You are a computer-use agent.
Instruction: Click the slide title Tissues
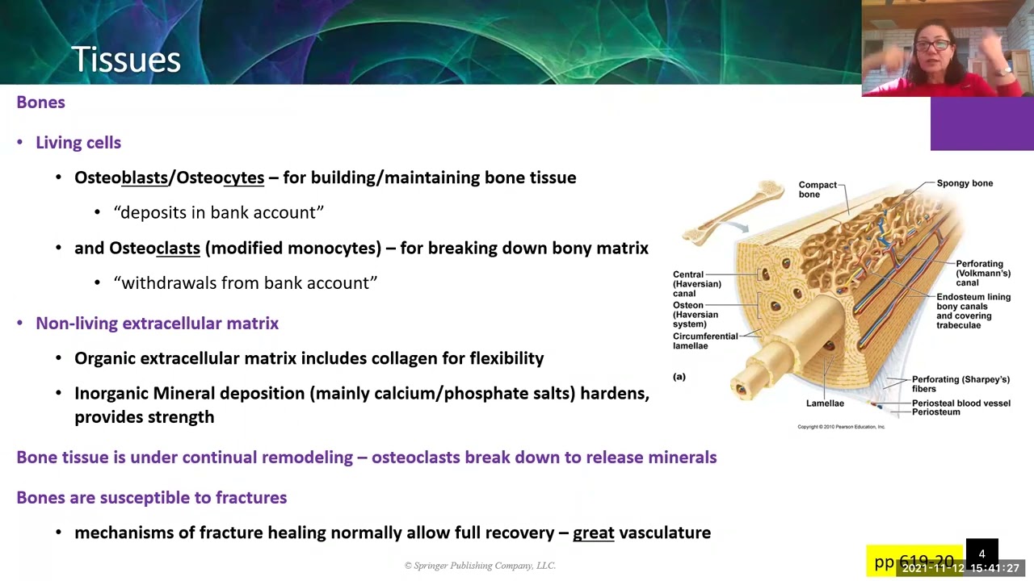pos(126,60)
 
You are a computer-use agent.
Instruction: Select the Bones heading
pos(40,102)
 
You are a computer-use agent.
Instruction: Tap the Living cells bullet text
pos(78,143)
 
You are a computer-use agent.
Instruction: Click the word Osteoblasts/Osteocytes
pos(169,178)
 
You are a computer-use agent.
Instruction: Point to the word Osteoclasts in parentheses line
pos(154,249)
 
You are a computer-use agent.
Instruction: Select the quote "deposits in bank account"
pos(218,212)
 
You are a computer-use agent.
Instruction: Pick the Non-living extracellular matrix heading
pos(157,324)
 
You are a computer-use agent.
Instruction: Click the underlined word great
pos(593,533)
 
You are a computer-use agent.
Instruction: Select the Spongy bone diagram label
pos(965,183)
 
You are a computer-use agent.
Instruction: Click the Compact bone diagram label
pos(818,190)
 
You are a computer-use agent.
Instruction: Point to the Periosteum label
pos(935,412)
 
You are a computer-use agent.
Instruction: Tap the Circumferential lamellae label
pos(704,341)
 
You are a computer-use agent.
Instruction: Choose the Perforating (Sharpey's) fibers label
pos(960,384)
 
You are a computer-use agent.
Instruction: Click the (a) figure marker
pos(679,377)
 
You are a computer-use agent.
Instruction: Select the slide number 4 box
pos(981,554)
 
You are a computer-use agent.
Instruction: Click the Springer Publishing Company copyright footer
pos(480,566)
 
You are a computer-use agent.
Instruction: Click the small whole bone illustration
pos(733,211)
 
